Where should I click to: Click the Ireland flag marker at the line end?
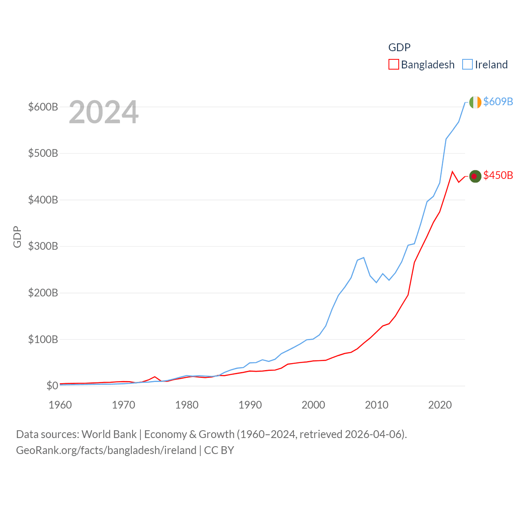click(x=475, y=102)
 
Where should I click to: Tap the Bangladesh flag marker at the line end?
click(x=475, y=176)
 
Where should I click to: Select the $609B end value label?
click(x=498, y=102)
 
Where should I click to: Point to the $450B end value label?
click(x=498, y=175)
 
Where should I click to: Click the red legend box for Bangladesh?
click(x=393, y=65)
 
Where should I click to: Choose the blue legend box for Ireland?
click(x=468, y=65)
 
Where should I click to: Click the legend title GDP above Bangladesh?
click(x=399, y=47)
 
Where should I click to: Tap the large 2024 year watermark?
click(x=104, y=112)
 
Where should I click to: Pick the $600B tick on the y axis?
click(x=43, y=107)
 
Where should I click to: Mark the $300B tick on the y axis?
click(x=43, y=246)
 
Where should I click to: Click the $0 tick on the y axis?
click(x=52, y=386)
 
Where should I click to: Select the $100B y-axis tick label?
click(x=43, y=339)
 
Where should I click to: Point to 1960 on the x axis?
click(x=60, y=405)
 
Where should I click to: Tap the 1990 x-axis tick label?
click(x=250, y=405)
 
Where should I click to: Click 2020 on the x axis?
click(x=440, y=405)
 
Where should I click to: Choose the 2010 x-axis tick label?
click(x=377, y=405)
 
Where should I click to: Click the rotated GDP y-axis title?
click(x=17, y=237)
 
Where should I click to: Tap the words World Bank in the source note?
click(x=109, y=434)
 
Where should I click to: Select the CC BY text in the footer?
click(x=219, y=450)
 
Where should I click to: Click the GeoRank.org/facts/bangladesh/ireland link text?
click(x=106, y=450)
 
